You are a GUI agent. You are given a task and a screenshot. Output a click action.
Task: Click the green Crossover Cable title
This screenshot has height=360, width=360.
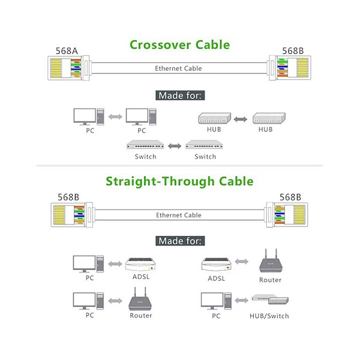(x=179, y=44)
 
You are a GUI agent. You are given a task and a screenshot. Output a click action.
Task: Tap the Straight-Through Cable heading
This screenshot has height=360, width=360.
(x=179, y=181)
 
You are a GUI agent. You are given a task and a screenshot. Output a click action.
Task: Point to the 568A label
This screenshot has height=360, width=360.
(x=67, y=50)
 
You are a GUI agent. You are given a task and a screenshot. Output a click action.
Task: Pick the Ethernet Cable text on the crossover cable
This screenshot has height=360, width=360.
(x=179, y=68)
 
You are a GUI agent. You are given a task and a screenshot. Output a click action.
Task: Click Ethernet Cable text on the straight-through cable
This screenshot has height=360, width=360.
(x=179, y=215)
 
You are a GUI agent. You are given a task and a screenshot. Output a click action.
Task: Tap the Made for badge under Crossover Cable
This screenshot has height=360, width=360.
(x=180, y=95)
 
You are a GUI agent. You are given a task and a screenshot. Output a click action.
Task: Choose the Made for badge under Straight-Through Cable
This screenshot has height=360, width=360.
(x=180, y=241)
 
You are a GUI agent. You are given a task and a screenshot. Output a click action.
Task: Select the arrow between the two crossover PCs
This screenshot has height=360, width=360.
(x=115, y=116)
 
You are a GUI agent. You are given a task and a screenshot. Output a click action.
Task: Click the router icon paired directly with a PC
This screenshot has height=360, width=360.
(x=140, y=298)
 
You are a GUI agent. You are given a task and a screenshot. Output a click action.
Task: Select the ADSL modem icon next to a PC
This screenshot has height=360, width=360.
(x=141, y=265)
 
